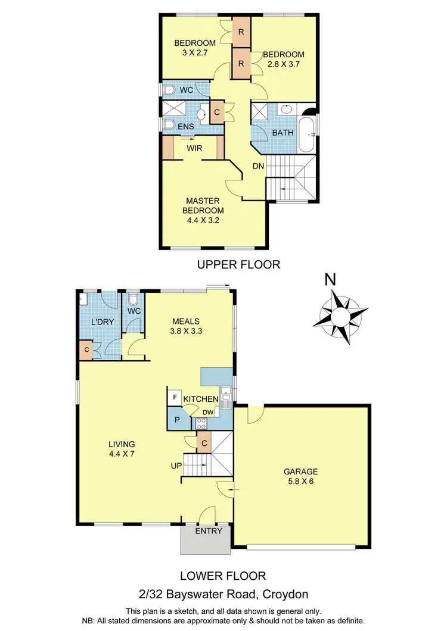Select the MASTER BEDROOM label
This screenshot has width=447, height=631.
[x=204, y=205]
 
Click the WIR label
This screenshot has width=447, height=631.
[x=193, y=148]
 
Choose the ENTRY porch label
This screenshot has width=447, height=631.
[x=209, y=531]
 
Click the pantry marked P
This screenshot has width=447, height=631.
[x=177, y=419]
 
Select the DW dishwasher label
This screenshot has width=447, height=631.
[x=208, y=413]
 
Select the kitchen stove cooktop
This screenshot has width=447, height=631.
[x=200, y=424]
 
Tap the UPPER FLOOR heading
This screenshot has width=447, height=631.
[x=238, y=264]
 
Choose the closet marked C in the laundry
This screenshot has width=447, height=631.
[x=86, y=350]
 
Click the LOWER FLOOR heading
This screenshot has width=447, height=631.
[x=223, y=576]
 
